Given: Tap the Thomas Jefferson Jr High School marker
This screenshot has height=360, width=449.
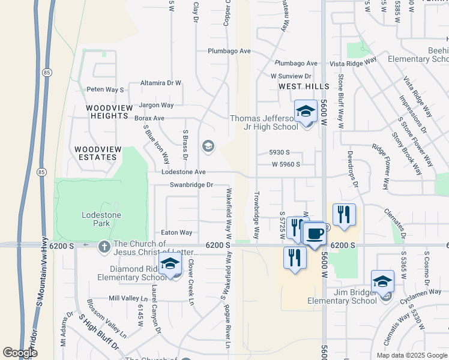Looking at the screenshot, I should (x=306, y=112).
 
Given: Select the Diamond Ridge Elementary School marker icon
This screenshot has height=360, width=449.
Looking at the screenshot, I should (x=170, y=264).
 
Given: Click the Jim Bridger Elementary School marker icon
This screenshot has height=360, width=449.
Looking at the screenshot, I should (x=382, y=281).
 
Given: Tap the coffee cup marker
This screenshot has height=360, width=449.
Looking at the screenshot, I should (x=315, y=233).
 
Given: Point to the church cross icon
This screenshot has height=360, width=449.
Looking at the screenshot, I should (x=104, y=245).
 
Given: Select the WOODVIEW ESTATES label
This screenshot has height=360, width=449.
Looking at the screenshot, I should (x=95, y=153).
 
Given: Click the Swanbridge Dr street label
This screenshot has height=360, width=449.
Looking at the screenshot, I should (x=191, y=185).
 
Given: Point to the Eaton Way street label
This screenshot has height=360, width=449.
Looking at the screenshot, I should (x=176, y=232).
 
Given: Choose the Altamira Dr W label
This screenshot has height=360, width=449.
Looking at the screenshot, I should (x=160, y=83).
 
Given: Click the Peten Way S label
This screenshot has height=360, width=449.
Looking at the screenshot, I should (x=105, y=89).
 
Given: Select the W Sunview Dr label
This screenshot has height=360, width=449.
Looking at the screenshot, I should (x=291, y=76).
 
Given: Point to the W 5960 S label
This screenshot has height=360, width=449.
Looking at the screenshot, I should (x=285, y=164).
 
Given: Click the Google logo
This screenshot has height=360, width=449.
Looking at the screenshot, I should (x=20, y=353).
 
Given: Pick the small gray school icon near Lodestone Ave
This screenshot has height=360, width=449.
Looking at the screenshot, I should (x=208, y=146).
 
